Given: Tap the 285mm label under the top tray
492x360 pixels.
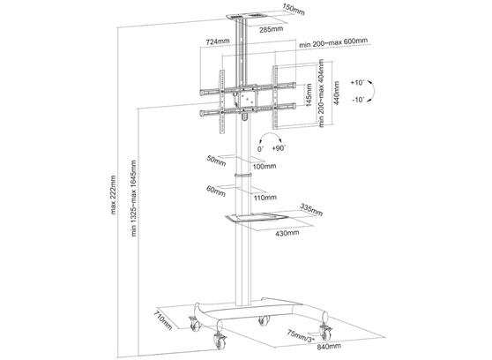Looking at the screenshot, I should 271,29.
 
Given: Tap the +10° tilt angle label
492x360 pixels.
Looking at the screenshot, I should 357,81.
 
